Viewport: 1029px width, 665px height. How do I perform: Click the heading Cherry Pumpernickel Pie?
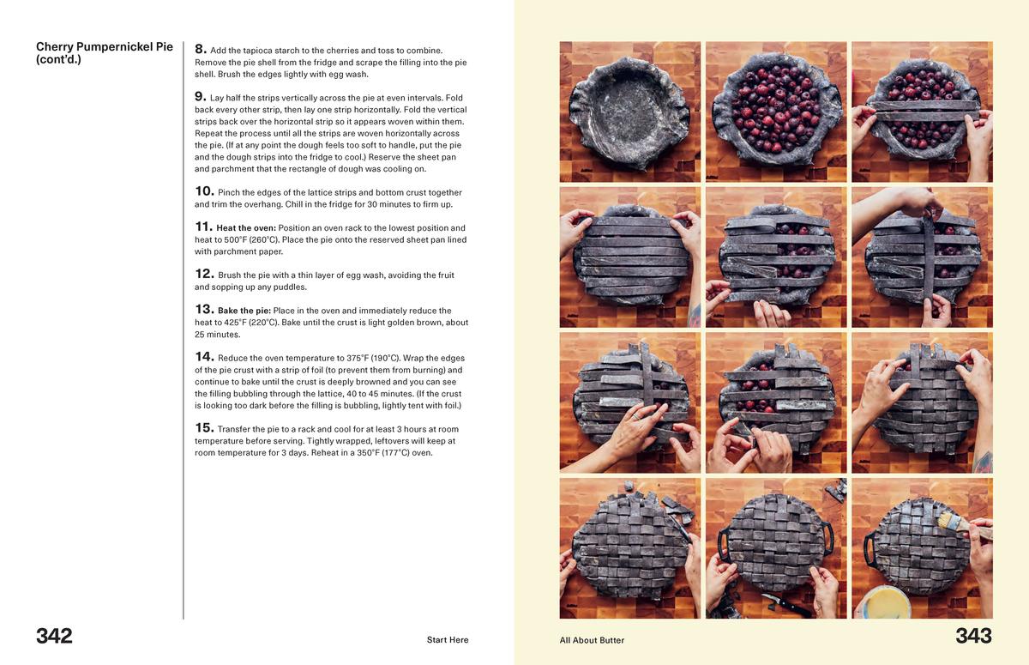click(104, 47)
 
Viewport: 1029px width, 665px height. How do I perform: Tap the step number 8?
click(200, 50)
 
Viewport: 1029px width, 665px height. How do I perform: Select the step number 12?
click(203, 275)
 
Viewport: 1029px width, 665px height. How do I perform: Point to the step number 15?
click(203, 428)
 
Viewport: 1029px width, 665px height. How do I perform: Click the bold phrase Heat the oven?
click(246, 228)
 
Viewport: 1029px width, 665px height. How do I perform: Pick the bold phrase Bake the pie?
click(244, 311)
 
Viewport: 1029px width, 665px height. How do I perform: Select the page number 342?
click(54, 636)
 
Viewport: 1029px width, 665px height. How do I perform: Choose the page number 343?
click(973, 636)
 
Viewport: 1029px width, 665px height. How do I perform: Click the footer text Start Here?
click(448, 640)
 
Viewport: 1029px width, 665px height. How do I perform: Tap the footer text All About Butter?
click(592, 640)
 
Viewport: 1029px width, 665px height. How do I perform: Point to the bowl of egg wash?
click(885, 602)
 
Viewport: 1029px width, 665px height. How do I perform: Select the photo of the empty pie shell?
click(630, 112)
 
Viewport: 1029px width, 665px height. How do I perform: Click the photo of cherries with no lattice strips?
click(776, 112)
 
